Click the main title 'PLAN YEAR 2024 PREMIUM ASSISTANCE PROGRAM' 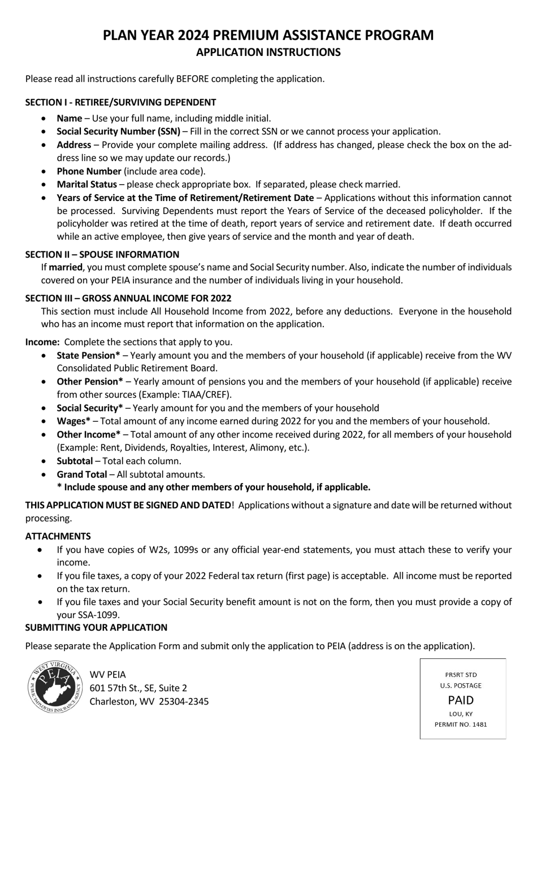(x=268, y=35)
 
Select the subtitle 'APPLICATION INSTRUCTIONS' (x=268, y=53)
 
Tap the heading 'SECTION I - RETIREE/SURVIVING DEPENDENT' (x=120, y=102)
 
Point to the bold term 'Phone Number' (x=89, y=171)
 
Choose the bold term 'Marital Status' (x=86, y=185)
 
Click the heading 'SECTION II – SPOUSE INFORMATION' (x=102, y=255)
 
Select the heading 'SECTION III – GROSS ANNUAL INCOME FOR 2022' (x=128, y=298)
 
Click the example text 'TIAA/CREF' (x=207, y=395)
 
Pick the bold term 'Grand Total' (x=81, y=474)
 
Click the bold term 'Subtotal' (x=75, y=461)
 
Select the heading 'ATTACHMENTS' (x=58, y=536)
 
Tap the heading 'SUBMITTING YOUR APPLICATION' (x=96, y=628)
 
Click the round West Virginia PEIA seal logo (x=55, y=687)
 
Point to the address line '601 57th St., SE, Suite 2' (x=138, y=688)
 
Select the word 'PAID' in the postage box (x=461, y=700)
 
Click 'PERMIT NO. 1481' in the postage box (x=461, y=724)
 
